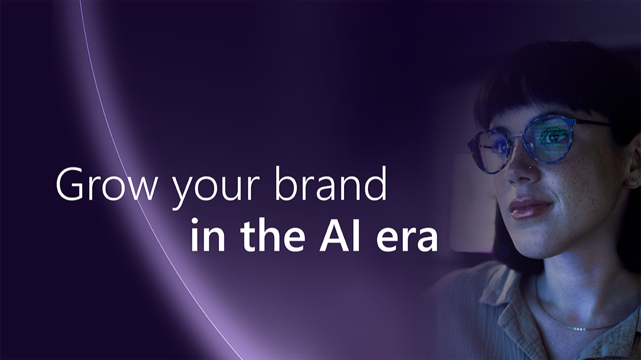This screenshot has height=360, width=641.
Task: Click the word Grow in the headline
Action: pos(106,185)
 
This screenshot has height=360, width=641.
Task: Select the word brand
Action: pos(331,183)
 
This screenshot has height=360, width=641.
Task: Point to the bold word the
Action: pos(272,234)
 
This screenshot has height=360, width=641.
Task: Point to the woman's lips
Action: pos(530,208)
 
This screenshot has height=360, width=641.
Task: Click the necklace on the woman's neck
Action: pos(575,326)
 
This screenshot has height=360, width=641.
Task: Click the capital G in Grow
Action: pos(69,185)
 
